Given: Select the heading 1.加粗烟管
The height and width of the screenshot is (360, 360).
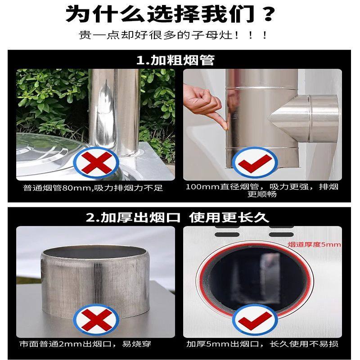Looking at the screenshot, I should tap(175, 60).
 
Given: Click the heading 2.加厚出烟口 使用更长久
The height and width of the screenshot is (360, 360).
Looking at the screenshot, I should tap(178, 218).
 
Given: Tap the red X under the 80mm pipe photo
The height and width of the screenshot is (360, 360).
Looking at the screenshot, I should tap(95, 164).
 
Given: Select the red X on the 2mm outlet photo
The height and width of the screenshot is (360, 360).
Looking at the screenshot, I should tap(95, 320).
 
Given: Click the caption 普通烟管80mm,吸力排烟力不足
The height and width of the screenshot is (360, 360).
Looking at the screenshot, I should tap(94, 187).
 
